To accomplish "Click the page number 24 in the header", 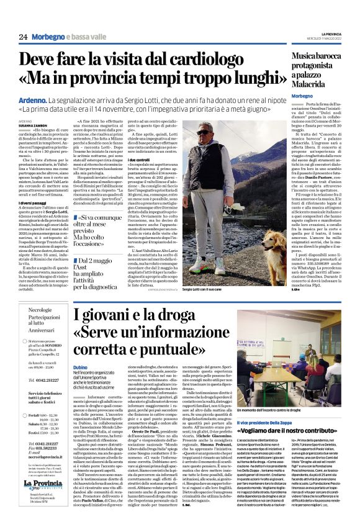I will tap(24, 37).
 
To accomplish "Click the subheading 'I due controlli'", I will tap(143, 160).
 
